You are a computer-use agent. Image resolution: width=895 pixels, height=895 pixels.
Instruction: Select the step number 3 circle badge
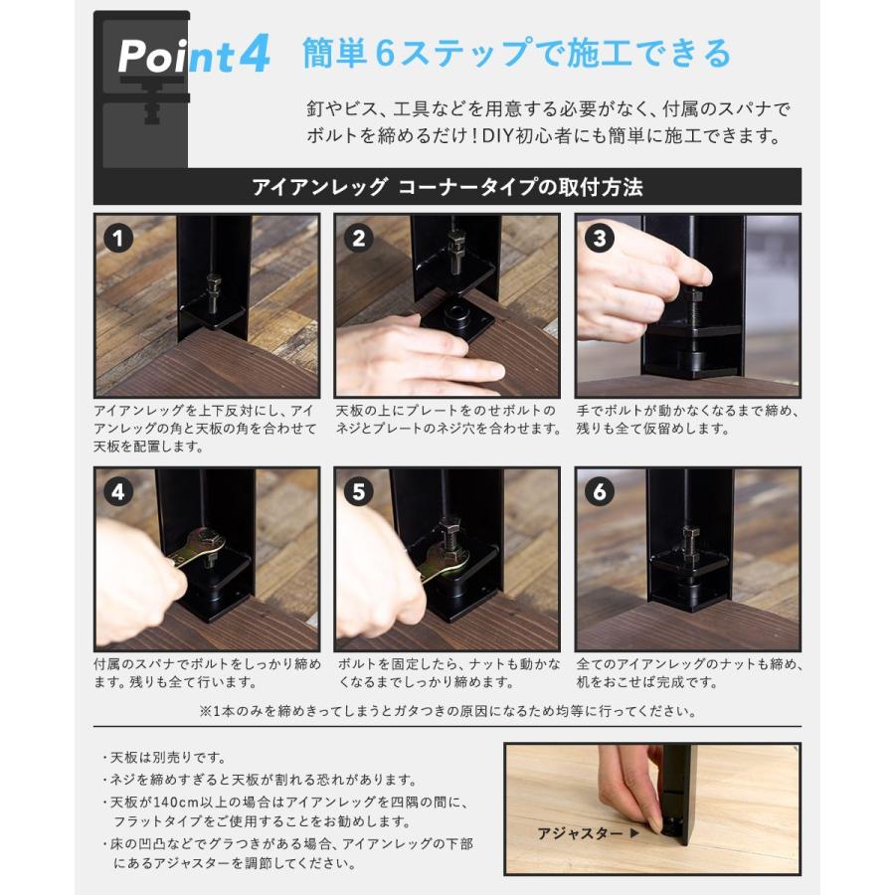(x=600, y=239)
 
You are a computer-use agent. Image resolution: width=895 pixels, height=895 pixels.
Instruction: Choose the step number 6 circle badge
(x=600, y=492)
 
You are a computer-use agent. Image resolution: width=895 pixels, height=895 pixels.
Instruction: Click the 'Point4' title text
(x=193, y=57)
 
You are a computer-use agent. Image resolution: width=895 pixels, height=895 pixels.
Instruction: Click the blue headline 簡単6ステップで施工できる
(x=516, y=54)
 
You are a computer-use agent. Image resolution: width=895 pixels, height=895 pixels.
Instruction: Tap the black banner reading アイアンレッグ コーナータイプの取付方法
(x=447, y=187)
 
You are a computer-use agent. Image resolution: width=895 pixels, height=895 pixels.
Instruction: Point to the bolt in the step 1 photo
(x=213, y=293)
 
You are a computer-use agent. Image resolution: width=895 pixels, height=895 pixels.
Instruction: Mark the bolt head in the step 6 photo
(x=690, y=537)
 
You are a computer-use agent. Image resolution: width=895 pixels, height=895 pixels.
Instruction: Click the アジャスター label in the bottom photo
(x=580, y=832)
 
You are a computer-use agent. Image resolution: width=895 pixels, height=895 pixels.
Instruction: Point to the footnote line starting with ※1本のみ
(x=447, y=711)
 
